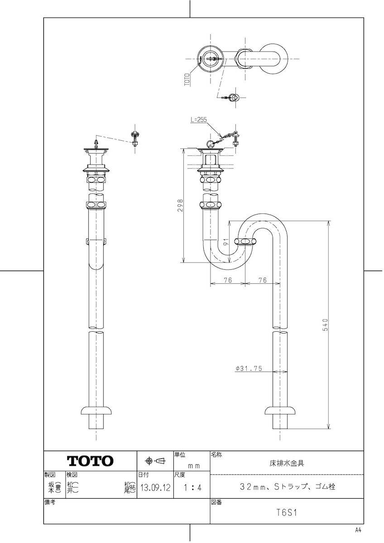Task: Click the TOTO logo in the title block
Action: tap(90, 461)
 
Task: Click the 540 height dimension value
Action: tap(325, 325)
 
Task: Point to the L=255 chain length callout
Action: tap(198, 120)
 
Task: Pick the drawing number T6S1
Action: tap(286, 513)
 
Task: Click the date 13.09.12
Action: tap(154, 488)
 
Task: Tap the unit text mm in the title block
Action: tap(194, 465)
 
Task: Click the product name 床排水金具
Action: tap(286, 463)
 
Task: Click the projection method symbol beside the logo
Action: tap(155, 461)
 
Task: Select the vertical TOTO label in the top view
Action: tap(187, 79)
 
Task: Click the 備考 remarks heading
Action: tap(50, 502)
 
